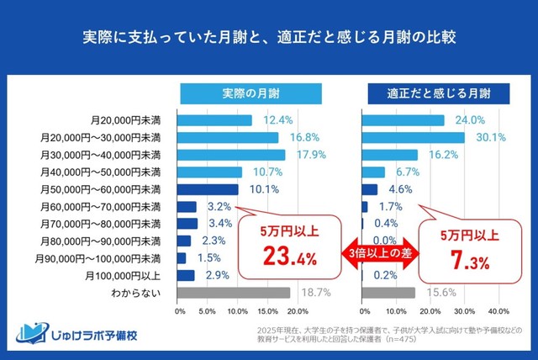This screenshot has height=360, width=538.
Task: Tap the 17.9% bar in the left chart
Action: [231, 155]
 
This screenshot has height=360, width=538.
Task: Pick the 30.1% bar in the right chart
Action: [413, 137]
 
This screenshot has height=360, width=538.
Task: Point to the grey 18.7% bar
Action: [234, 293]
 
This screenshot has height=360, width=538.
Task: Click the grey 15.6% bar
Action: [388, 293]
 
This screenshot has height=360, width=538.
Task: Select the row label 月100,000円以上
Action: [124, 275]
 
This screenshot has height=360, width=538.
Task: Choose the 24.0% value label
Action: [469, 120]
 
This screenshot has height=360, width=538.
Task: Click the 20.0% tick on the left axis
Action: [297, 311]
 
